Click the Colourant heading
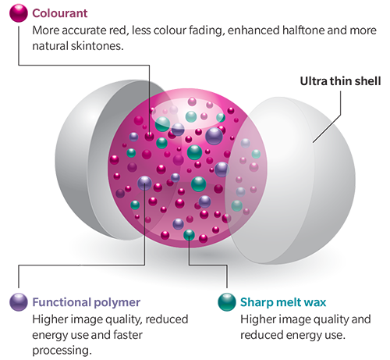pos(60,13)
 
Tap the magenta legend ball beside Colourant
pos(19,13)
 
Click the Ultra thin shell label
pos(340,81)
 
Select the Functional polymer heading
pos(86,302)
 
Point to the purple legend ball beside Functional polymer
pos(19,302)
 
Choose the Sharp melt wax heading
pos(283,302)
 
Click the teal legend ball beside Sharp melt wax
pos(227,302)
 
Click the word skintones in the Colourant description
pos(97,46)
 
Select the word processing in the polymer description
pos(62,351)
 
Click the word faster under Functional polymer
pos(128,335)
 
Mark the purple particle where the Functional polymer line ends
pos(144,183)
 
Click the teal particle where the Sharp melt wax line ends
pos(189,235)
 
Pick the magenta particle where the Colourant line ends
pos(149,136)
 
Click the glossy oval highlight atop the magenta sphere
pos(188,114)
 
